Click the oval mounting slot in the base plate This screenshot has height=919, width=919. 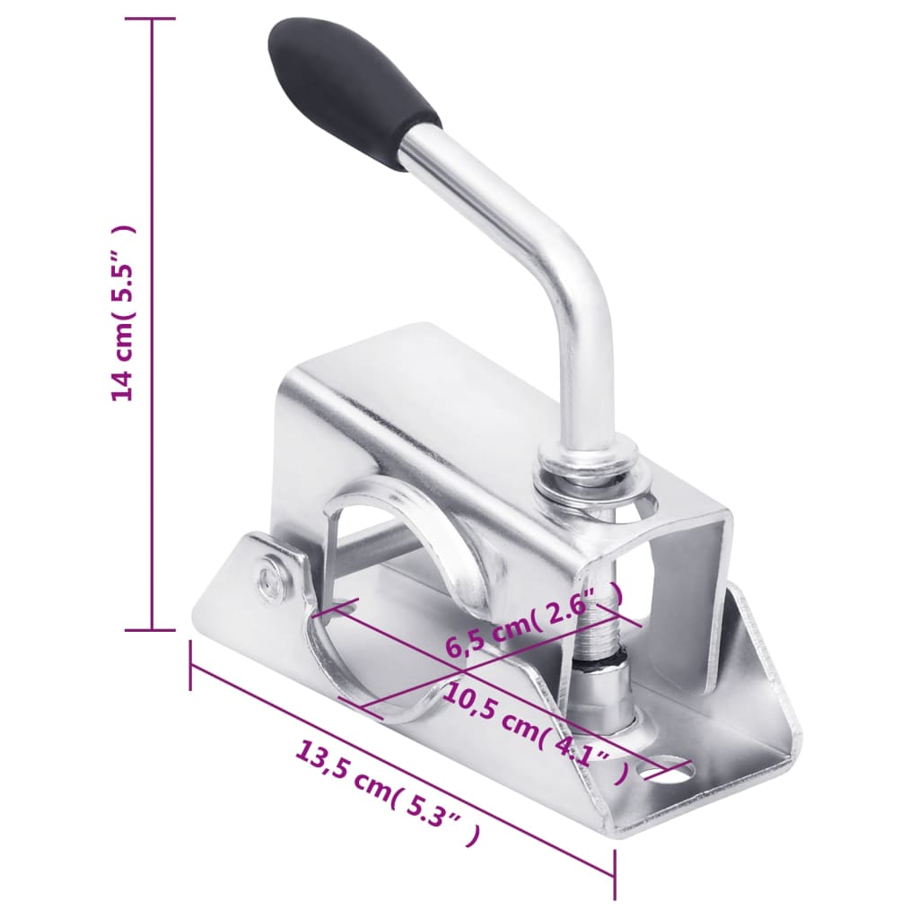[669, 769]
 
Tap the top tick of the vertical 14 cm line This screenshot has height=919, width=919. [151, 17]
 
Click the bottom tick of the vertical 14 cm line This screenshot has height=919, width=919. [151, 630]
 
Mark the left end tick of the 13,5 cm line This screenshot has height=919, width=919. [191, 665]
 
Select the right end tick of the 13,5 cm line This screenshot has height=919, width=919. [615, 875]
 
